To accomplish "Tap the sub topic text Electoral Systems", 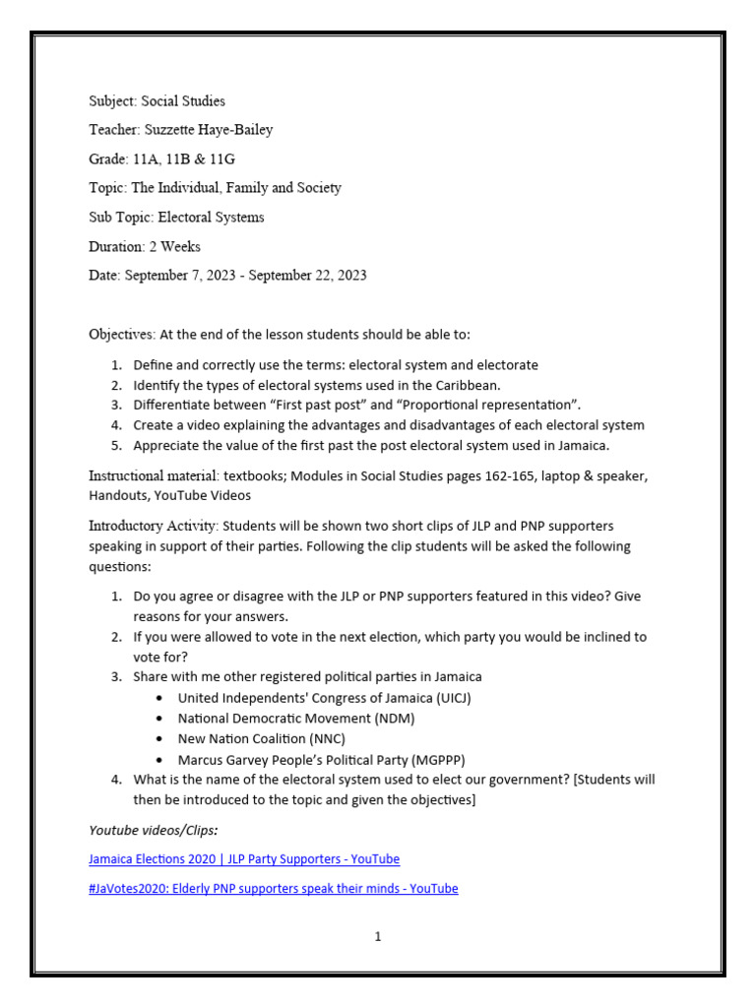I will point(211,217).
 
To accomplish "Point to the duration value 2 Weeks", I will point(174,246).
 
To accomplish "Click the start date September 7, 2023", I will point(180,276).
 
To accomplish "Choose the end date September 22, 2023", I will point(307,276).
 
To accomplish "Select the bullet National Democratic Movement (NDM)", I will point(295,719).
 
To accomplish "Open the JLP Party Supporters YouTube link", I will point(244,859).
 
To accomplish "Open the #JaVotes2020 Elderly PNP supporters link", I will point(273,889).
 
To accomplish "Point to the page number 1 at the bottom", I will point(377,937).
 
